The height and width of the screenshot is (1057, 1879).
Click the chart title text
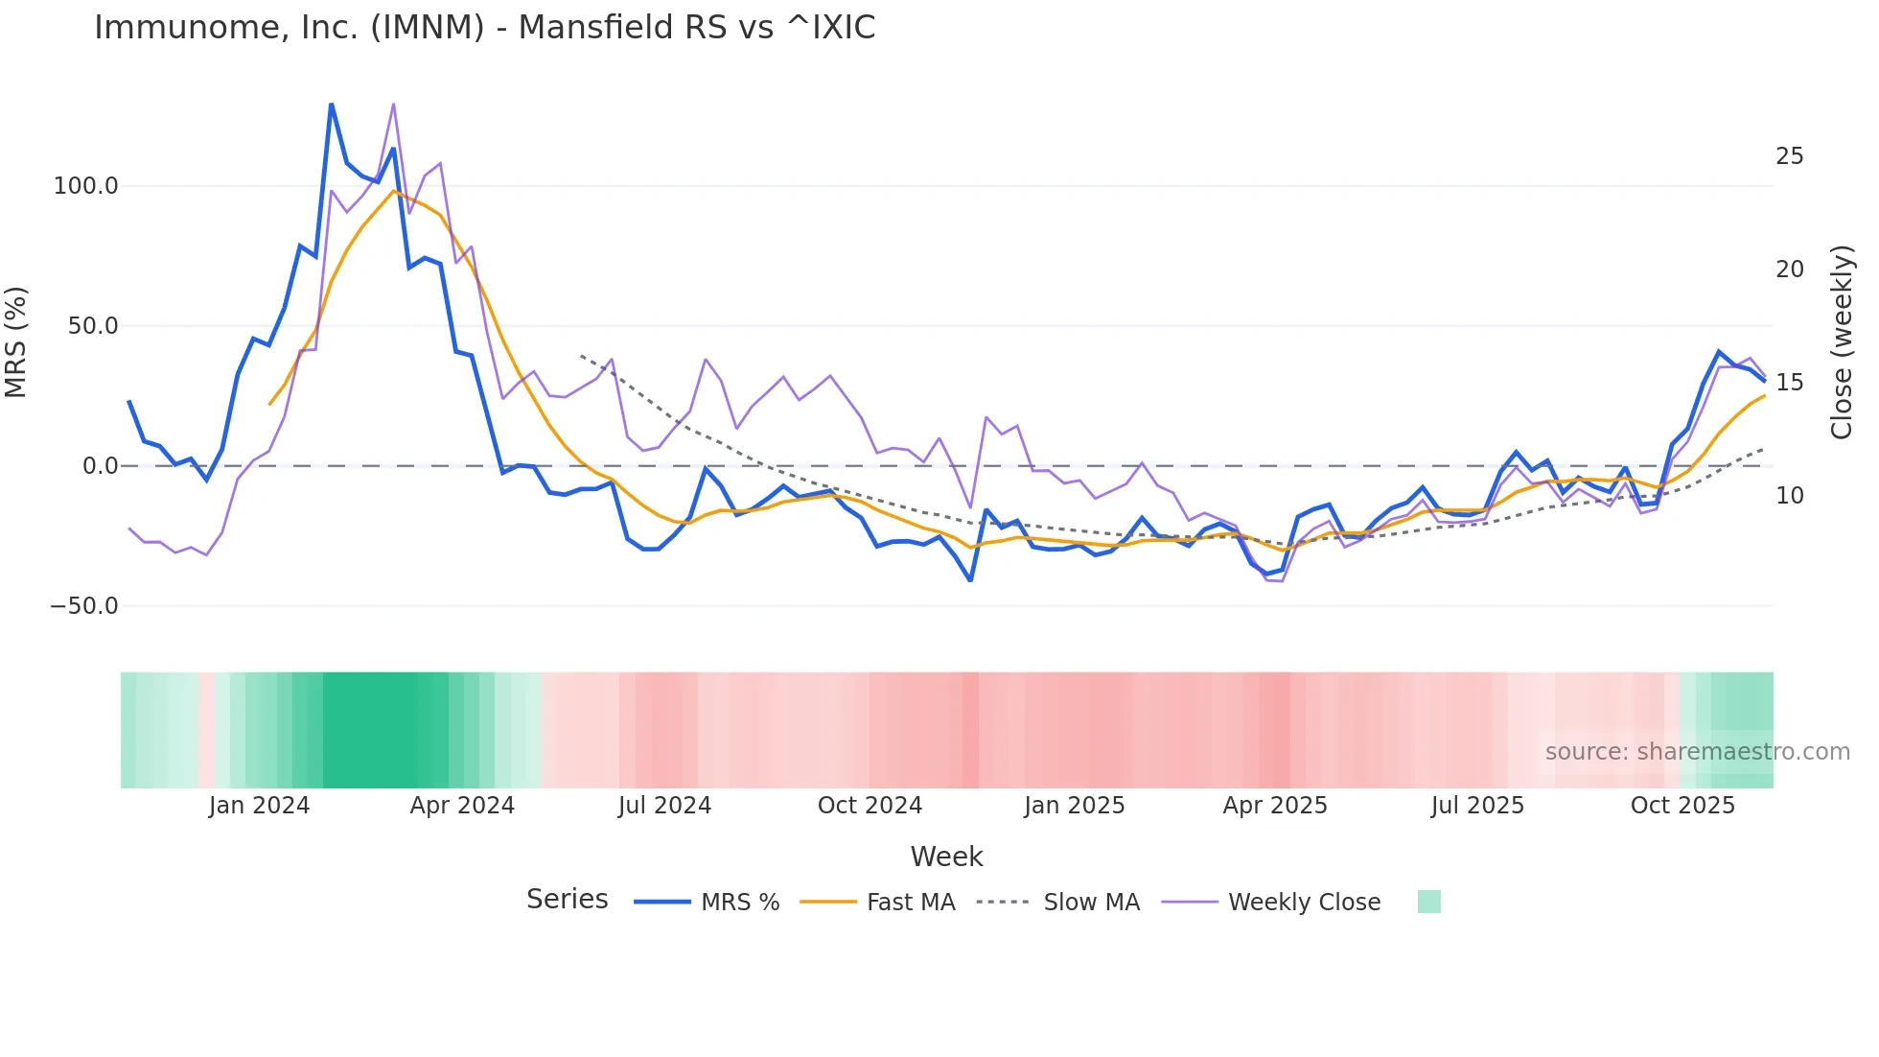[x=484, y=28]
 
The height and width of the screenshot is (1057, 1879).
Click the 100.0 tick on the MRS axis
[x=85, y=186]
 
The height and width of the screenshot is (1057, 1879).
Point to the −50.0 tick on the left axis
[x=83, y=606]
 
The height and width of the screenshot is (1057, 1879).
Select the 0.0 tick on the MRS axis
[x=100, y=466]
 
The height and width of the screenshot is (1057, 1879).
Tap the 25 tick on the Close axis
[x=1789, y=156]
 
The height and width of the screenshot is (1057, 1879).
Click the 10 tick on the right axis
[x=1789, y=496]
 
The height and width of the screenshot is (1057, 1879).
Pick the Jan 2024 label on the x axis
[x=259, y=806]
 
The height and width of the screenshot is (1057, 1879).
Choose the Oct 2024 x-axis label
[x=870, y=806]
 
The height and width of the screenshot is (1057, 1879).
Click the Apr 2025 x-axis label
[x=1275, y=806]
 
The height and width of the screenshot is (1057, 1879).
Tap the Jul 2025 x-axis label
[x=1477, y=806]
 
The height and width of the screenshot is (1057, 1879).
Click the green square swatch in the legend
[x=1428, y=902]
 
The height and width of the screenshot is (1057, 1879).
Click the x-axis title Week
[x=946, y=857]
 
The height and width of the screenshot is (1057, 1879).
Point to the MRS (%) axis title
[x=16, y=342]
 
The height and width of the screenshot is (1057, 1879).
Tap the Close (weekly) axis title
[x=1841, y=342]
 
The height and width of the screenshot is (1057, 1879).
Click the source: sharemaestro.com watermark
[x=1697, y=752]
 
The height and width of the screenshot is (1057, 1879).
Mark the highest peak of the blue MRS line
[x=332, y=105]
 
